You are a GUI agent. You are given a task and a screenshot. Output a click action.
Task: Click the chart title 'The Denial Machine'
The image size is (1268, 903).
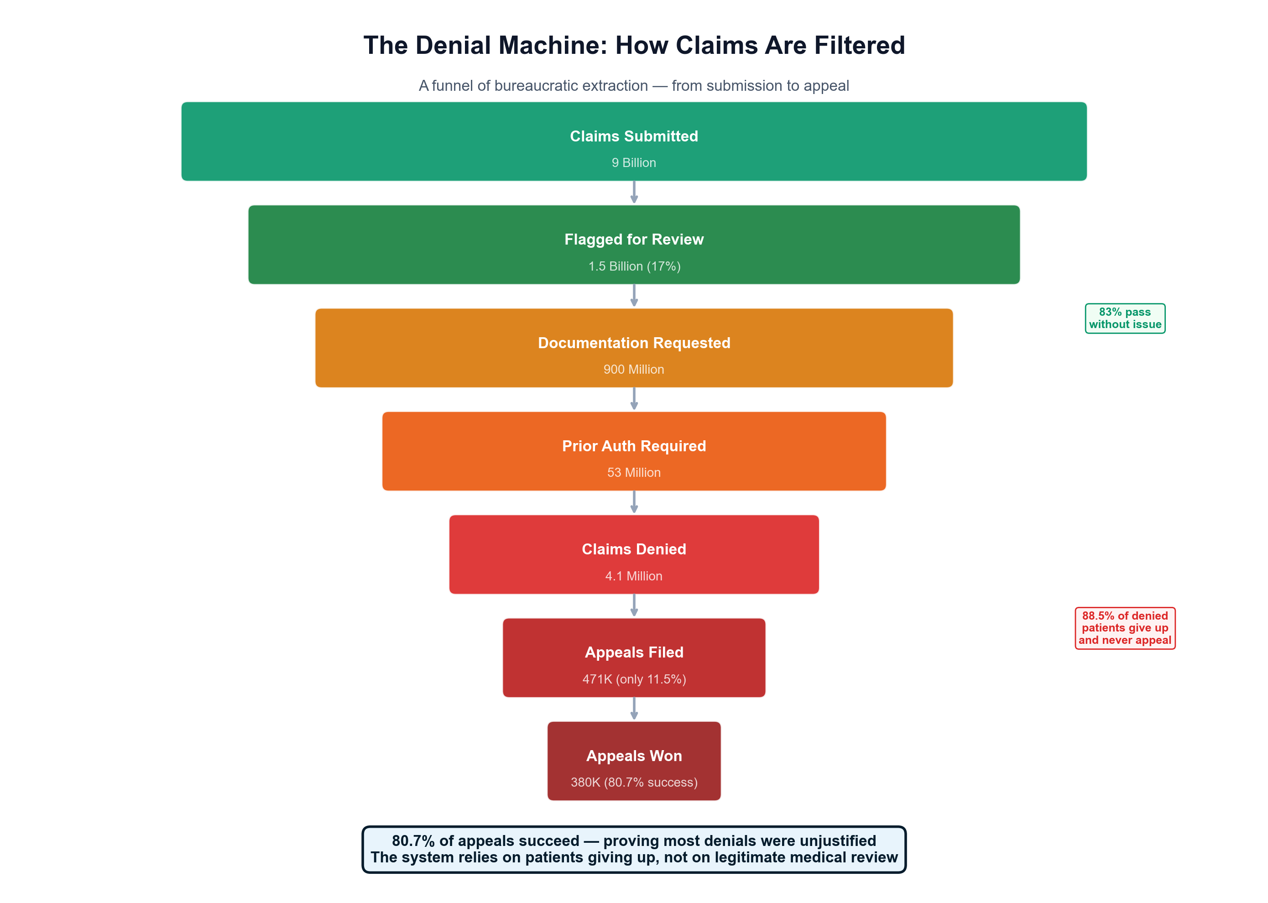pos(634,46)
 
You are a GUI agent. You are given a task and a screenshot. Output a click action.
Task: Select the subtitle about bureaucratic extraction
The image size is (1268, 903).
pos(634,86)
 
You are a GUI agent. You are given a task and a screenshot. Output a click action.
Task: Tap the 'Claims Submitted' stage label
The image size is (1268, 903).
pos(634,136)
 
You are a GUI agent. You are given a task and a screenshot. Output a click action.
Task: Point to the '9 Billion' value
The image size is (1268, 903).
pos(634,163)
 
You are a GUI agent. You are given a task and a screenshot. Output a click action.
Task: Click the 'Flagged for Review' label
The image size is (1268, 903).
pos(634,240)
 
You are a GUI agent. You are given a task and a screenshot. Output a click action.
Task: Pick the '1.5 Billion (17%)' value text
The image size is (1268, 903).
pos(634,266)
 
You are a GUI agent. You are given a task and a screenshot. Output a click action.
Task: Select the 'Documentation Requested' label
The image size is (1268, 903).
pos(634,343)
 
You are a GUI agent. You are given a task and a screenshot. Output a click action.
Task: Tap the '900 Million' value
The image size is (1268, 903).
pos(634,369)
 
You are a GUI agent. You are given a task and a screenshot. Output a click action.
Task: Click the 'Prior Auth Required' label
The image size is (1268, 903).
pos(634,446)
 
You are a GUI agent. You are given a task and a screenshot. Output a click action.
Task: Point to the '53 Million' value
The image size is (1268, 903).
pos(634,473)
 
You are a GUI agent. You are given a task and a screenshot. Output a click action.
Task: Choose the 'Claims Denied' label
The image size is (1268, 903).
pos(634,549)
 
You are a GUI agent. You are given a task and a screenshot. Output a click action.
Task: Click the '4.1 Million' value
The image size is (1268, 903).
pos(634,576)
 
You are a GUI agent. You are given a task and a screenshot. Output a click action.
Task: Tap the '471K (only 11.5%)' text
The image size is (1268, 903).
pos(634,679)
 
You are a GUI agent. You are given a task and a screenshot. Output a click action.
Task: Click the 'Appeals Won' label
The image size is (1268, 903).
pos(634,756)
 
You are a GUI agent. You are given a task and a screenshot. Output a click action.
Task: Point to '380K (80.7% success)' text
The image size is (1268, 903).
pos(634,783)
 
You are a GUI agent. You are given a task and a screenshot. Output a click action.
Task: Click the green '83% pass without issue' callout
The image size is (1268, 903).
pos(1125,318)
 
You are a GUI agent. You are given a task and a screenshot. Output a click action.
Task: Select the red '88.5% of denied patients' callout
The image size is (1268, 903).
pos(1125,628)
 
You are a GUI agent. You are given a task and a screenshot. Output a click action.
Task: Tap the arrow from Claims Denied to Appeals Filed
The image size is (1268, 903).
pos(634,605)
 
